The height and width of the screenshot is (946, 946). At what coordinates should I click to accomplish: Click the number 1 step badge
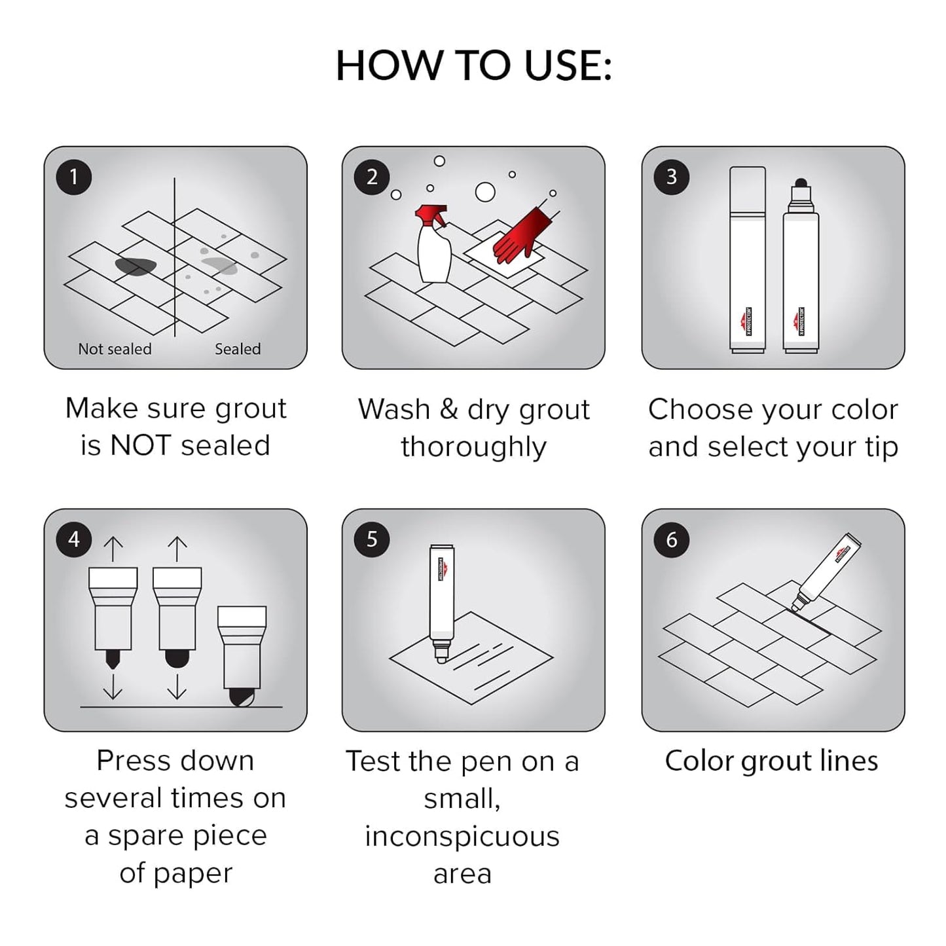[73, 177]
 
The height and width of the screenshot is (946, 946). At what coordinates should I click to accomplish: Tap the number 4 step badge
[73, 539]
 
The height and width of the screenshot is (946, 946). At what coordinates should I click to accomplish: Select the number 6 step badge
[671, 539]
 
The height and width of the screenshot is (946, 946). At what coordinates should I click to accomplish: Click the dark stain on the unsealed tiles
[136, 266]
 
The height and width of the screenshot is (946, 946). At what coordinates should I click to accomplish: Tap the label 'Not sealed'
[115, 349]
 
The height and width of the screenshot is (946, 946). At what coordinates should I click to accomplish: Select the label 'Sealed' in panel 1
[238, 349]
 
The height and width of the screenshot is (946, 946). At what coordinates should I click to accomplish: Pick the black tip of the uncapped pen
[800, 184]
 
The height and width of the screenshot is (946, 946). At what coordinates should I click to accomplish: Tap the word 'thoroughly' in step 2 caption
[473, 447]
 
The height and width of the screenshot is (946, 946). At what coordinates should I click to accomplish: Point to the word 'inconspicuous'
[462, 836]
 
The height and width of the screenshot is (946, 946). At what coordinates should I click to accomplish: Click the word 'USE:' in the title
[568, 65]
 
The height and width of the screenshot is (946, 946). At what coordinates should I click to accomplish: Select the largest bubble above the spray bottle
[485, 192]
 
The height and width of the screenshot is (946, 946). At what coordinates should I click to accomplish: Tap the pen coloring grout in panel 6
[826, 570]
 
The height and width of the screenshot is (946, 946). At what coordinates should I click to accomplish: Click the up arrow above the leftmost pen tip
[113, 549]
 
